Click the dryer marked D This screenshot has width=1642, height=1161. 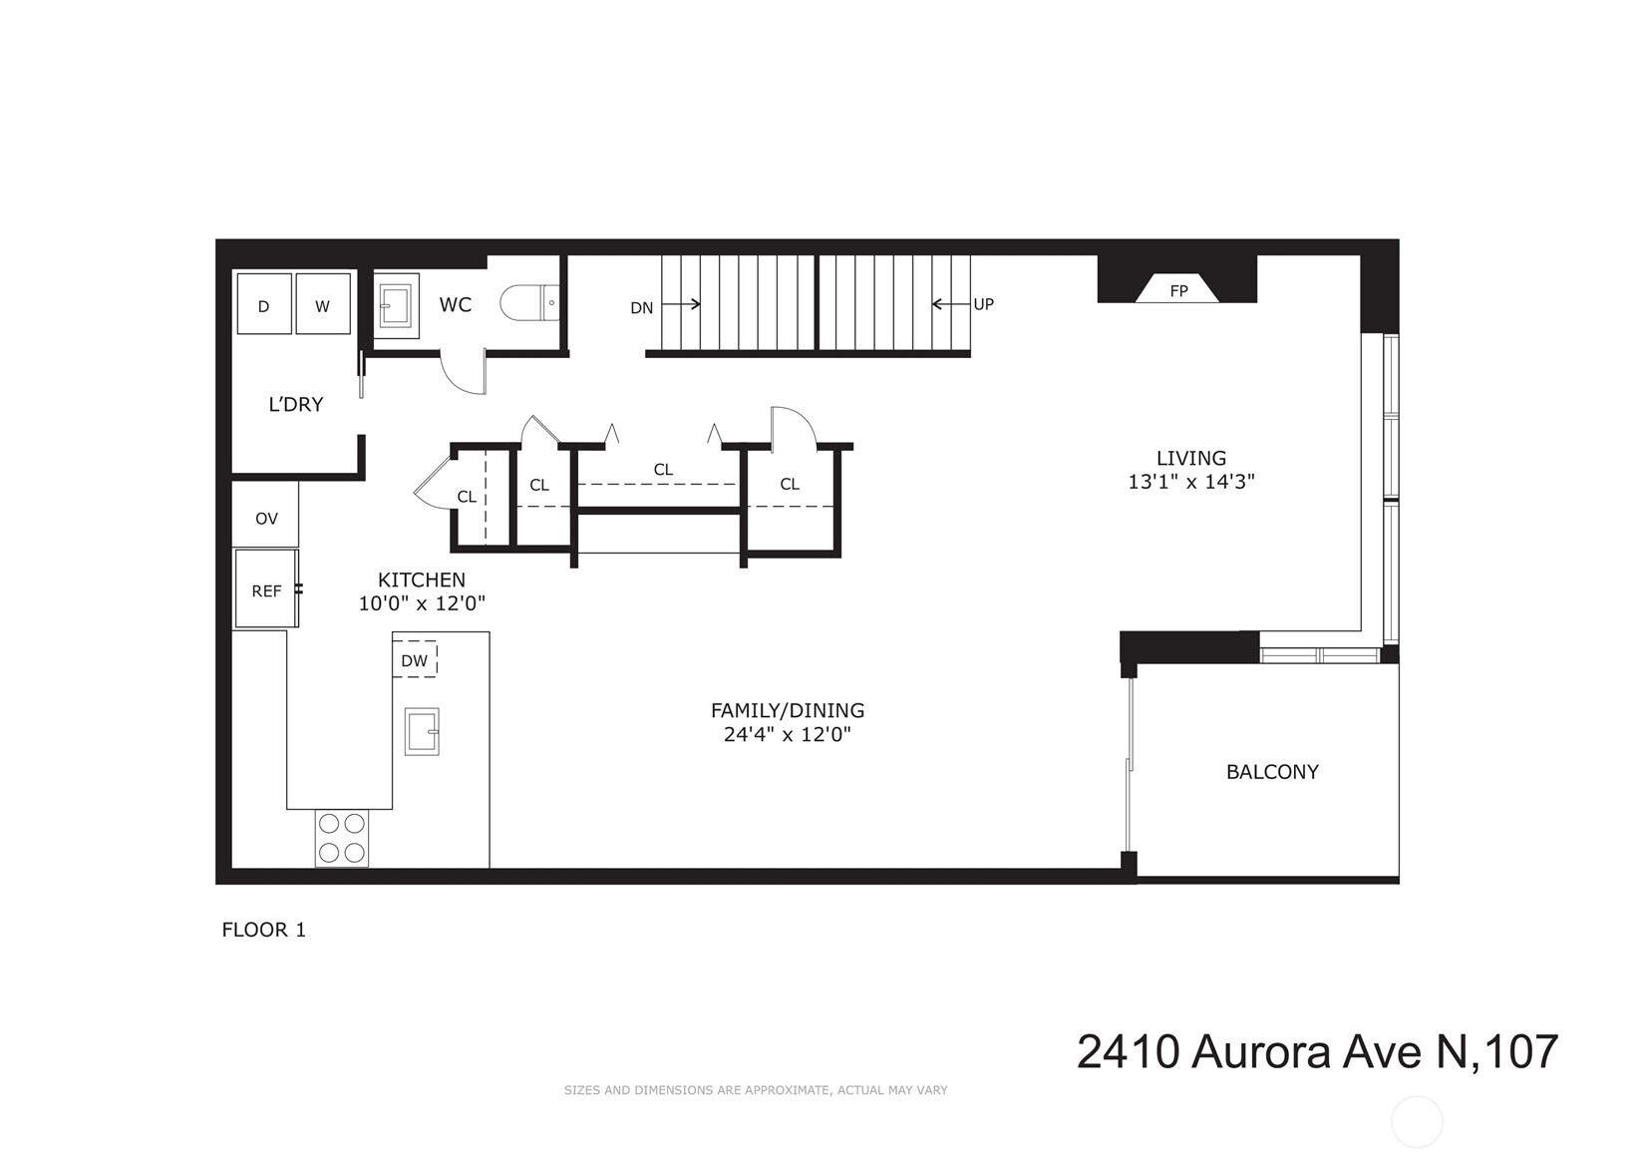(x=264, y=304)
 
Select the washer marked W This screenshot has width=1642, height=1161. (x=323, y=304)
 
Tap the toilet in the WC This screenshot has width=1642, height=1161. (x=529, y=302)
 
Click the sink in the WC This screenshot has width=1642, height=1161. (x=396, y=304)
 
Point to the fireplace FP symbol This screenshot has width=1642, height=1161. (x=1178, y=289)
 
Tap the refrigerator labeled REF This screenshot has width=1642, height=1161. (x=265, y=589)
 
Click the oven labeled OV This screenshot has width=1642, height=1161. (x=265, y=518)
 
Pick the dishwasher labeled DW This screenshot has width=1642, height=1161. (x=414, y=659)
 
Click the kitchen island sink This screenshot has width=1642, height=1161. (x=422, y=730)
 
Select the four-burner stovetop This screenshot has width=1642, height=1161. (x=341, y=838)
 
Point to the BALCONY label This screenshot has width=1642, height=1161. (x=1272, y=771)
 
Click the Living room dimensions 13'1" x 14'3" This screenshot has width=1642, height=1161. (x=1190, y=481)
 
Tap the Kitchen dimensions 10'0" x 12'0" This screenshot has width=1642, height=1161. (x=422, y=602)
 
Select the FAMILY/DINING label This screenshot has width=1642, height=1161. (x=787, y=710)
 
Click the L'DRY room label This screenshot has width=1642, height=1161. (x=296, y=404)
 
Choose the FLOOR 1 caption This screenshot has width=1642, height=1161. (x=263, y=930)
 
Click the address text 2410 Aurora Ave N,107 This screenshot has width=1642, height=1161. (x=1316, y=1051)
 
